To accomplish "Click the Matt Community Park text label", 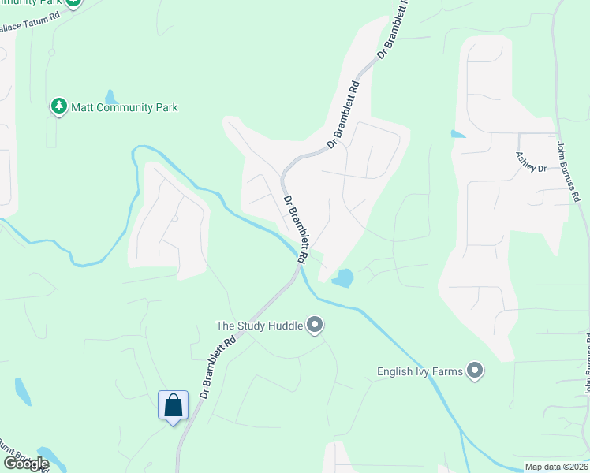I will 125,107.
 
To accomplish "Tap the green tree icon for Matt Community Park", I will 58,106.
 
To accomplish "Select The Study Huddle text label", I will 260,325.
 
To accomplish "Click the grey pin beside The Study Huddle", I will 315,325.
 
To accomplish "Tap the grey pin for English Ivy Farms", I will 475,370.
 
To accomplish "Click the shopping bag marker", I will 174,406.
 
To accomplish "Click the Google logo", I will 25,464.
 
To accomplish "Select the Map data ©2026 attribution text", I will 556,467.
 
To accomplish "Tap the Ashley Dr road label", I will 531,162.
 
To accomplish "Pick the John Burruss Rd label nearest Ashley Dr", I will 569,170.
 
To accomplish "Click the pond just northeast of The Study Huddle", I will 343,278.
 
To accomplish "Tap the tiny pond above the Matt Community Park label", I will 111,97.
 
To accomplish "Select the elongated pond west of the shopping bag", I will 22,391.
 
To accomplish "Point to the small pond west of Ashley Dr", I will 457,134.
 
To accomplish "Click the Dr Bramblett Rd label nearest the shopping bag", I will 218,368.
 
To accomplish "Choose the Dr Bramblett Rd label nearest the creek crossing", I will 296,229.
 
